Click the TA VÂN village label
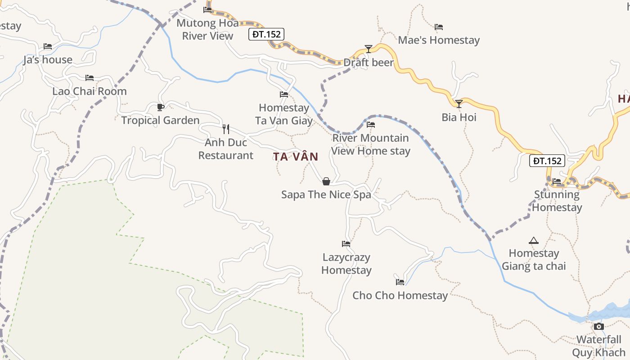coord(296,157)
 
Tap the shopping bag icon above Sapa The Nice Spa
coord(326,181)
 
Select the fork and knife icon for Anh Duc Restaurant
coord(226,129)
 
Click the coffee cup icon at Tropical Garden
coord(160,107)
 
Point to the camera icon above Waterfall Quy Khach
coord(598,326)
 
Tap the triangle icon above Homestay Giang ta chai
coord(534,240)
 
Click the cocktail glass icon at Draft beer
coord(369,49)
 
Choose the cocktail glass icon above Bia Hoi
coord(459,104)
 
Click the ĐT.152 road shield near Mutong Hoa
coord(266,34)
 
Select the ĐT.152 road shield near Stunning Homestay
coord(547,161)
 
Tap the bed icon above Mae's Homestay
coord(439,27)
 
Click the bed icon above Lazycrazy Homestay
coord(346,244)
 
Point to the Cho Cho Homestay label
coord(400,296)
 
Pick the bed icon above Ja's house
coord(48,46)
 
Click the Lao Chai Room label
coord(90,91)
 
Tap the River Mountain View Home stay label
coord(371,144)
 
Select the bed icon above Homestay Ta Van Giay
coord(284,94)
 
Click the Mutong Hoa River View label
coord(207,30)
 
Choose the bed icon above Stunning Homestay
coord(557,181)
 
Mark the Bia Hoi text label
coord(459,117)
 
